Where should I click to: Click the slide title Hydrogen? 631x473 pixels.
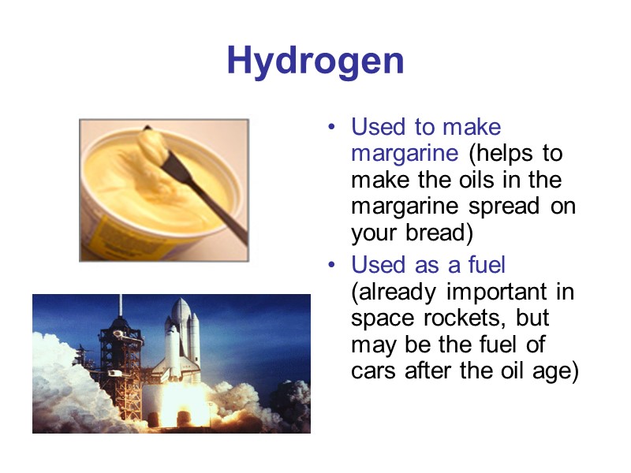315,61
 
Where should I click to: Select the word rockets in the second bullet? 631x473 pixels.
464,318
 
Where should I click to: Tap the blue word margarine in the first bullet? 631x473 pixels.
402,153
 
